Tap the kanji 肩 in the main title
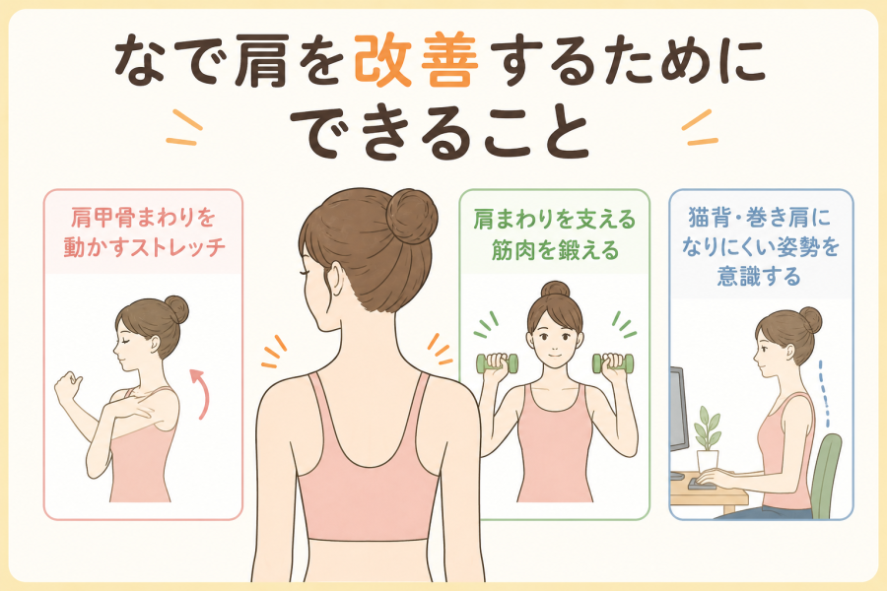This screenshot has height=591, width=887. [262, 62]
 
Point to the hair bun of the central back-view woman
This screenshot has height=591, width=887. [412, 216]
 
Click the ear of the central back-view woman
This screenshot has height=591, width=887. [336, 279]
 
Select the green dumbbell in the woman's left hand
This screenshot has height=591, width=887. [613, 363]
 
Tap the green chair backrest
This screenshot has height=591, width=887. [826, 475]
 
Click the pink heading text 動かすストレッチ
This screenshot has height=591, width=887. [144, 247]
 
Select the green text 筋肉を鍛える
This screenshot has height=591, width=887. [555, 249]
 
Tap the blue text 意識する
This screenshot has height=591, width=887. [759, 276]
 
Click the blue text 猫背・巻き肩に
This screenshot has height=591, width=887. [760, 217]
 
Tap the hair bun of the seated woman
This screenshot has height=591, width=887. [810, 320]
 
